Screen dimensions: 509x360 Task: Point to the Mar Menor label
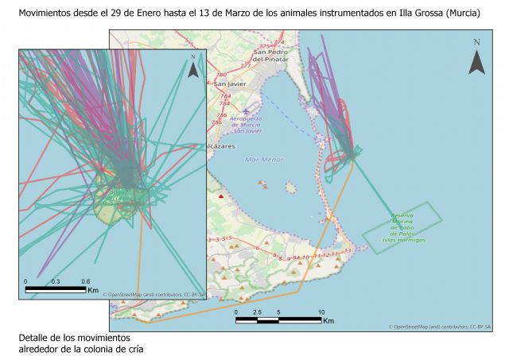click(x=264, y=160)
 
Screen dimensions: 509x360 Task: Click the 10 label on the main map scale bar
click(x=321, y=312)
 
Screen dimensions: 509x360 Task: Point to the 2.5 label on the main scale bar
click(x=256, y=312)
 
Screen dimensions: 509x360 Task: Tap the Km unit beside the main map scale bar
click(x=328, y=321)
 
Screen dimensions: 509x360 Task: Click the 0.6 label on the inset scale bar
click(x=85, y=281)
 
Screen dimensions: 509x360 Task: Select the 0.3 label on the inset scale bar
click(x=56, y=281)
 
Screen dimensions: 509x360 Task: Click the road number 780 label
click(x=220, y=75)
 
